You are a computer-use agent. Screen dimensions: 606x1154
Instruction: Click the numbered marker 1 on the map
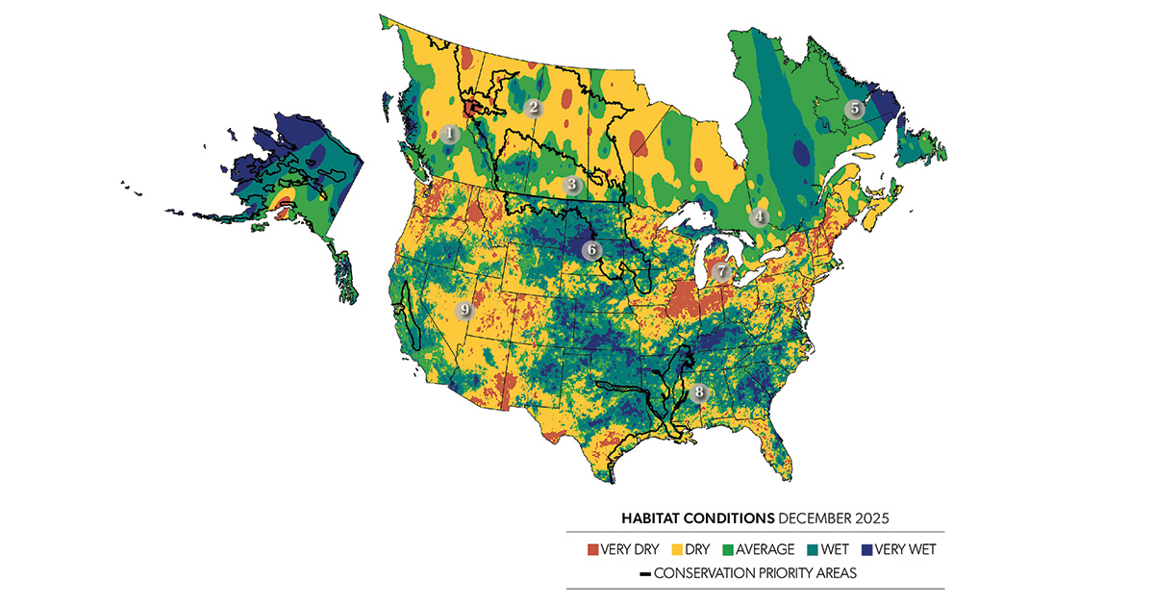pos(450,135)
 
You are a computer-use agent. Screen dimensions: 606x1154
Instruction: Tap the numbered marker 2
pos(534,108)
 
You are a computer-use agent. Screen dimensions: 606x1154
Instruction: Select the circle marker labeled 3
pos(571,185)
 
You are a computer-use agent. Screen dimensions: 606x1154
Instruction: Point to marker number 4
pos(760,216)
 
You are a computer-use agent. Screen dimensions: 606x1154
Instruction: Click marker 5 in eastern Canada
pos(853,110)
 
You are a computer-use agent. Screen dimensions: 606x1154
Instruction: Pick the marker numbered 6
pos(590,250)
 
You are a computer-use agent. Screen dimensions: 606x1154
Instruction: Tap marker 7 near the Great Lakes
pos(722,272)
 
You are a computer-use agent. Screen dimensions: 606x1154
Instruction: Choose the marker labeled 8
pos(699,392)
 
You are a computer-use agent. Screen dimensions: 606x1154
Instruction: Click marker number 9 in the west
pos(464,310)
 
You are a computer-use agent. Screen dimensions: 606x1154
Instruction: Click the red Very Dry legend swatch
pos(592,550)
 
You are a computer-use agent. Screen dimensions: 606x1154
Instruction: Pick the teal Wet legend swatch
pos(815,550)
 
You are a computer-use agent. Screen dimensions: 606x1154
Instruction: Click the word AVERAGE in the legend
pos(768,550)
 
